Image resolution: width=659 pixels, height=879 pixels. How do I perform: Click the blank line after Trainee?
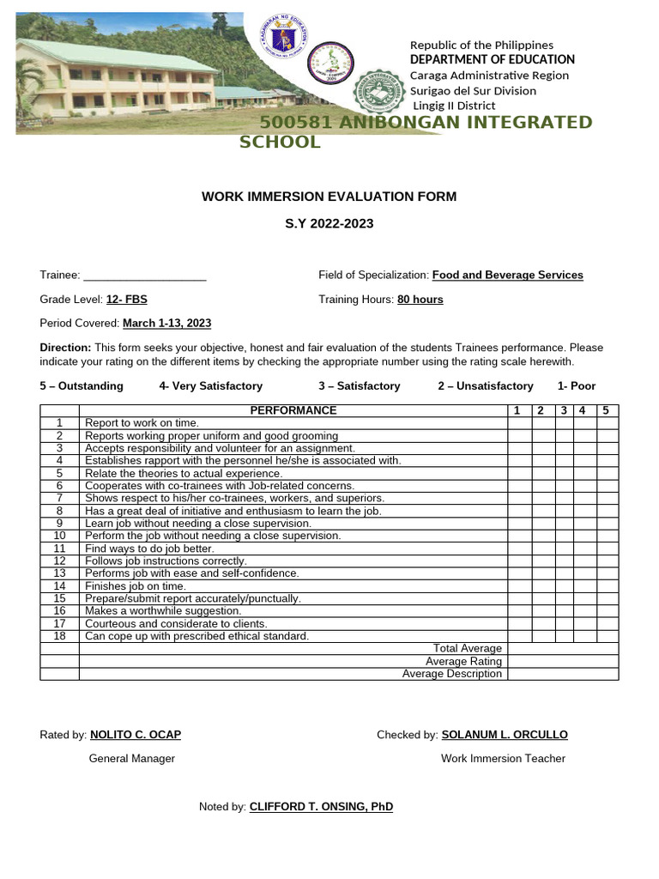click(145, 276)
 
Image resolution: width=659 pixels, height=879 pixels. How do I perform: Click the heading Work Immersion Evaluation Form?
click(329, 197)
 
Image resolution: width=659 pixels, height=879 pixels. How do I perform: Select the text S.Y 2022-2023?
click(329, 224)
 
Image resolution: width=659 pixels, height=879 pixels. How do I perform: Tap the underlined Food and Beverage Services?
click(507, 276)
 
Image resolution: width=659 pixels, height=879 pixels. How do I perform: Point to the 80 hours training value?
click(420, 300)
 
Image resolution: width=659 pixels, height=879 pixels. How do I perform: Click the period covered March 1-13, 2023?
click(166, 324)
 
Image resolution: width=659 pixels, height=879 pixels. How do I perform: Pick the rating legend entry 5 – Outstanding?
click(82, 386)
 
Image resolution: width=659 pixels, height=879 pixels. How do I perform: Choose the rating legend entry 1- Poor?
click(576, 386)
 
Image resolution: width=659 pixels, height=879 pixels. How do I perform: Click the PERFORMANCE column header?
click(293, 411)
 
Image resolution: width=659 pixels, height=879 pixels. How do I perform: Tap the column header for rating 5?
click(605, 411)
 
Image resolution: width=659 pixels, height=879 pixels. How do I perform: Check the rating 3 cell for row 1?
click(564, 423)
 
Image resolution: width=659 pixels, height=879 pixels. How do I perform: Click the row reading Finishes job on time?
click(135, 586)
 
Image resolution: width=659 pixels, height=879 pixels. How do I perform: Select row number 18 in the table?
click(59, 636)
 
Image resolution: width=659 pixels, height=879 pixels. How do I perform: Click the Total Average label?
click(468, 649)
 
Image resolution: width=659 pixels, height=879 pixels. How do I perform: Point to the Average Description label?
click(452, 674)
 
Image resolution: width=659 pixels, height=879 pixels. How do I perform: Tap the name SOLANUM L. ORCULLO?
click(504, 735)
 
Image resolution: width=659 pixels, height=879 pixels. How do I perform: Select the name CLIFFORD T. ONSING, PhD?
click(321, 807)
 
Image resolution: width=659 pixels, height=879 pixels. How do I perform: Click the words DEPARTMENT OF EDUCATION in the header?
click(492, 59)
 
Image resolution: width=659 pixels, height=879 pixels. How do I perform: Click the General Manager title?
click(132, 759)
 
